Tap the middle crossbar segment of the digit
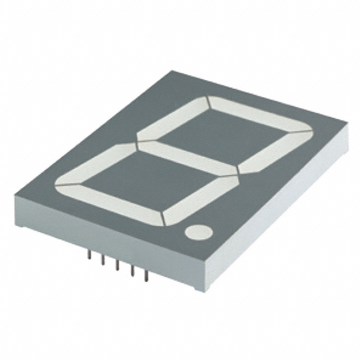point(188,158)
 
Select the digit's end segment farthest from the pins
point(260,114)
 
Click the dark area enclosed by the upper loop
point(225,135)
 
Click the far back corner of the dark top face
point(172,71)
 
